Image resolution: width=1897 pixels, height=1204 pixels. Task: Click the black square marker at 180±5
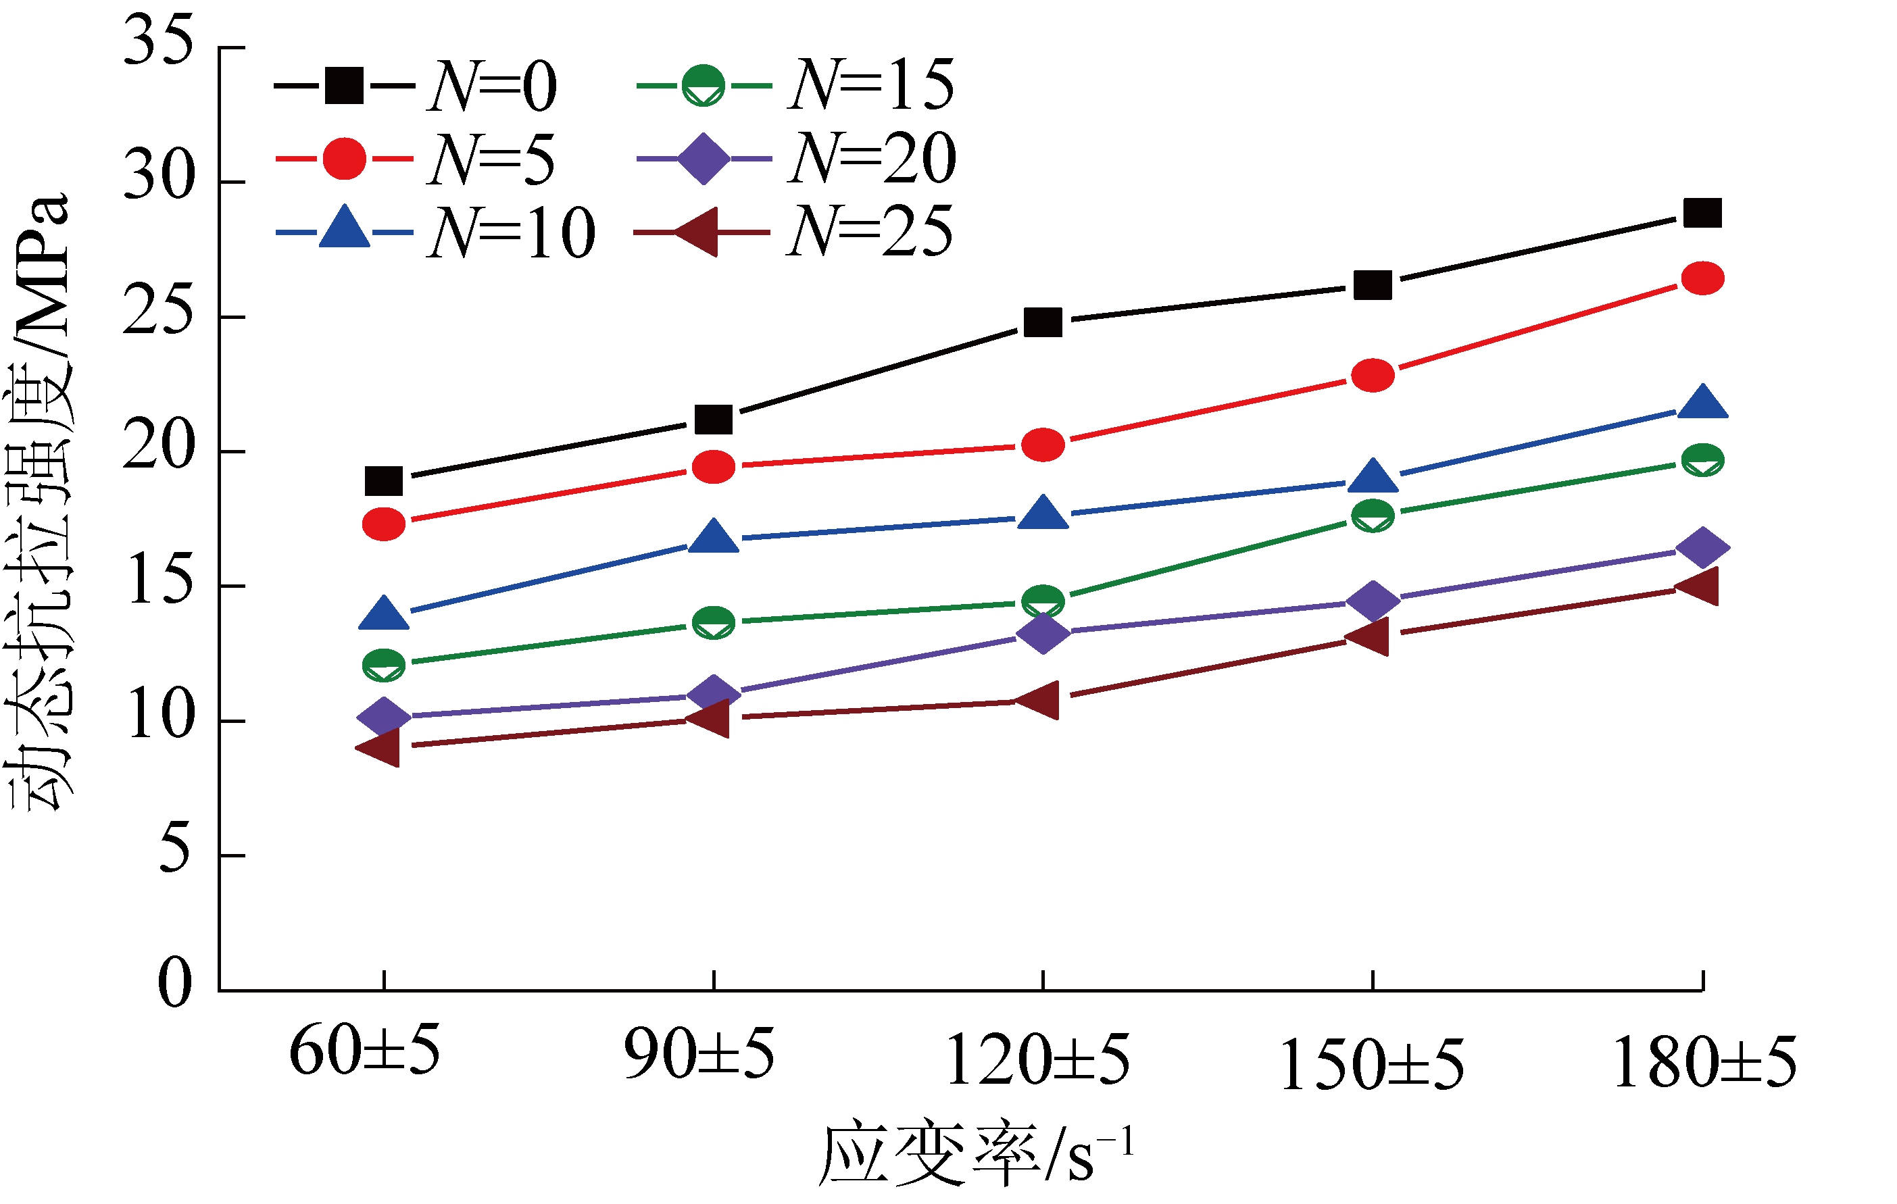pyautogui.click(x=1702, y=213)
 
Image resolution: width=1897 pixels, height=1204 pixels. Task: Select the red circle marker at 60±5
pyautogui.click(x=384, y=524)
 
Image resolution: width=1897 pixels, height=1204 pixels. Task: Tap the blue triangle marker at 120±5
pyautogui.click(x=1043, y=513)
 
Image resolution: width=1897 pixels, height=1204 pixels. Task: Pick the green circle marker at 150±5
pyautogui.click(x=1373, y=516)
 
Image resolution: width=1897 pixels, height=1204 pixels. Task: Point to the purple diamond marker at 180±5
pyautogui.click(x=1702, y=547)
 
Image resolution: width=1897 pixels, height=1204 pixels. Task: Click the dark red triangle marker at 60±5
pyautogui.click(x=381, y=747)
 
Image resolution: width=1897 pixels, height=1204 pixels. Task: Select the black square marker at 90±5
pyautogui.click(x=714, y=420)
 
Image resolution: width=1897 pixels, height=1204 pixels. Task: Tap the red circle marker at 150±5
pyautogui.click(x=1373, y=375)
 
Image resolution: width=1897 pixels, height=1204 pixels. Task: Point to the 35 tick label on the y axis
pyautogui.click(x=157, y=41)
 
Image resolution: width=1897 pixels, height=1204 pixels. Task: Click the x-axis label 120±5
pyautogui.click(x=1037, y=1060)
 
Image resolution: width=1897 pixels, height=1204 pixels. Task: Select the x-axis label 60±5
pyautogui.click(x=365, y=1051)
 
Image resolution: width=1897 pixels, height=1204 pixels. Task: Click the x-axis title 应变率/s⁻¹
pyautogui.click(x=977, y=1155)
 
